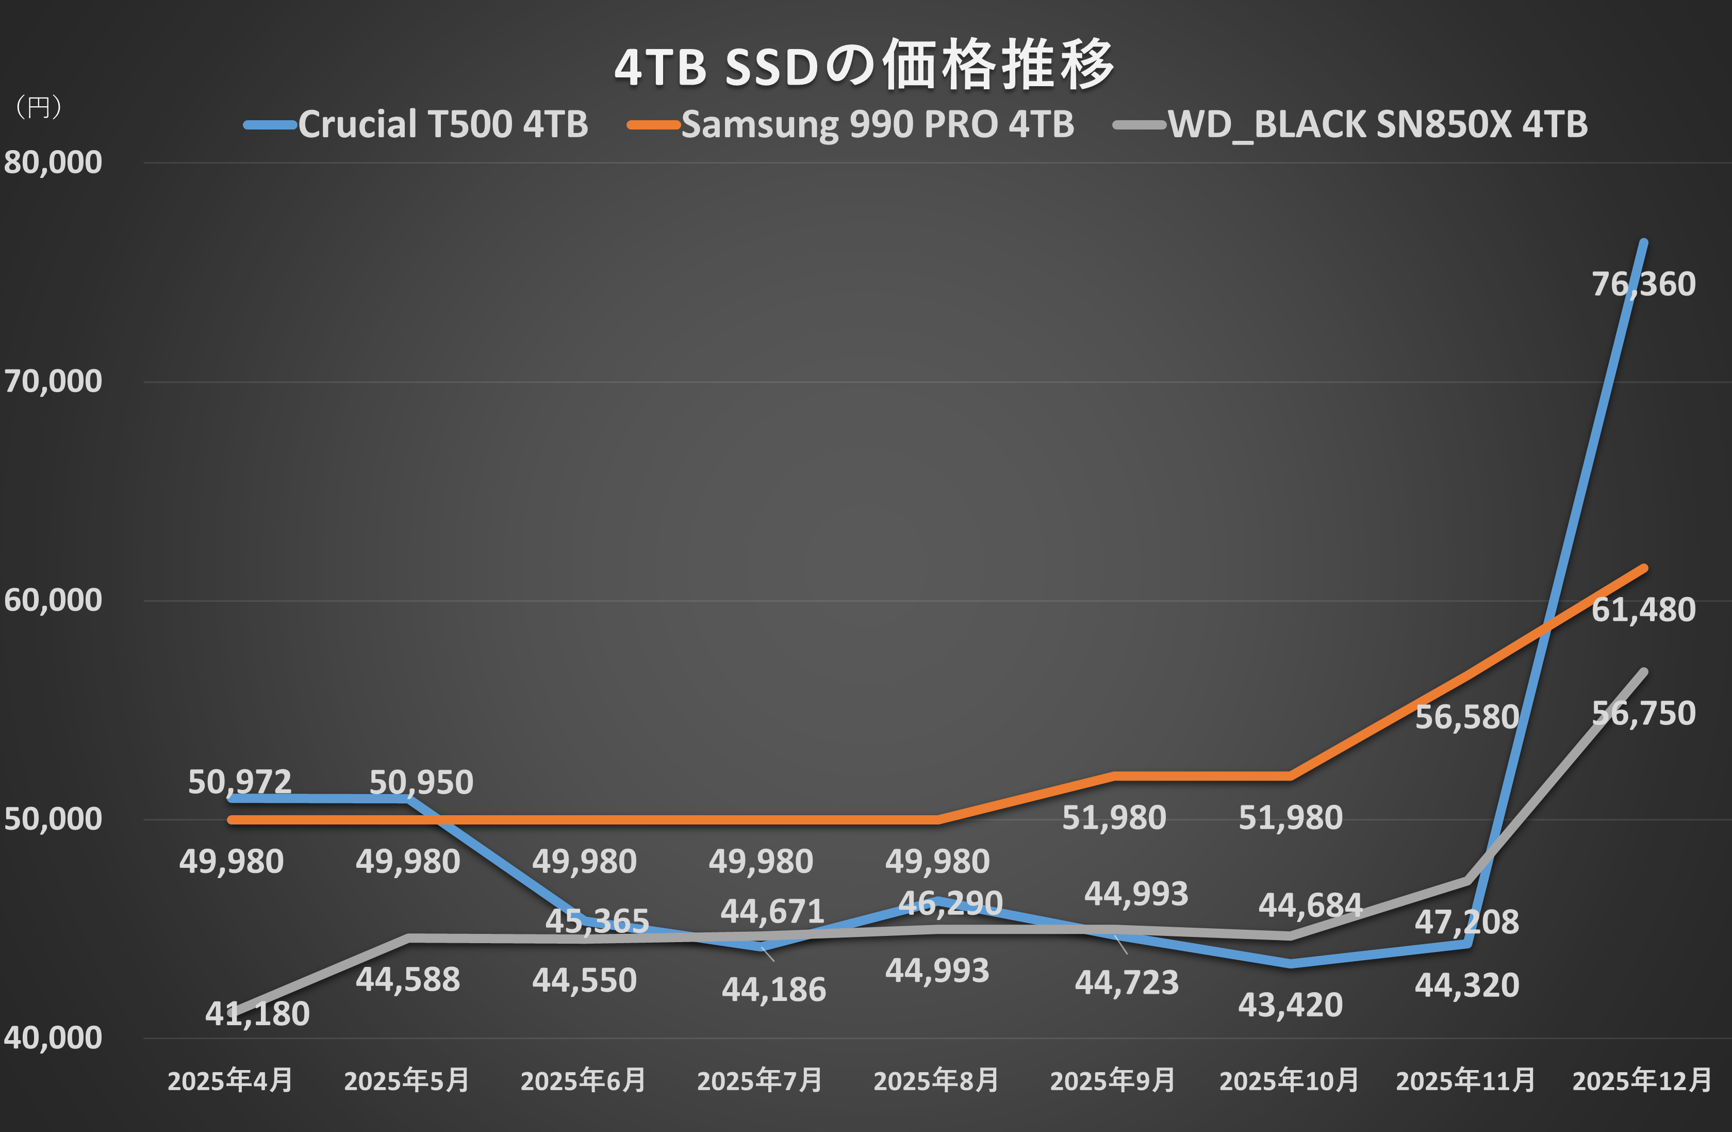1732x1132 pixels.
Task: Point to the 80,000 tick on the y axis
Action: pos(53,163)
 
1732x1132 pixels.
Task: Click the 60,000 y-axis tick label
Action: pos(53,601)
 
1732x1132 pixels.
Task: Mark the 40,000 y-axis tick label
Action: pos(53,1038)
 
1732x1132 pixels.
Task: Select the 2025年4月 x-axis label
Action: pos(230,1081)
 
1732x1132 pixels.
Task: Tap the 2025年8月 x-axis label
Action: pos(936,1081)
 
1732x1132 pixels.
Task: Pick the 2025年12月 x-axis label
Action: pos(1642,1081)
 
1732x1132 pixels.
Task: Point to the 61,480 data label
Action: pos(1643,610)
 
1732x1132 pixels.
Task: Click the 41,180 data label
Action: pos(257,1014)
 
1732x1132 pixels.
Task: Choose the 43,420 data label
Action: pos(1290,1005)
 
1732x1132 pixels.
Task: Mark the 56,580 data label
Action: pos(1466,718)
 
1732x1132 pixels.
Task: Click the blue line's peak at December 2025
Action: pos(1643,243)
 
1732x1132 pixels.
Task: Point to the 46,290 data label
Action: pos(950,903)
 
